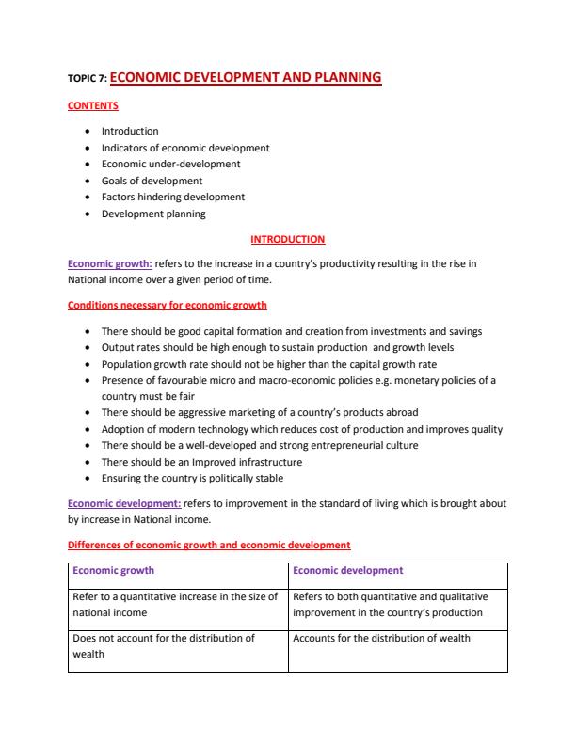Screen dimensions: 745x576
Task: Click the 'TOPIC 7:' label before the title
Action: [88, 81]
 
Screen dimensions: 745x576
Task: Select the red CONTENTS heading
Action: [93, 106]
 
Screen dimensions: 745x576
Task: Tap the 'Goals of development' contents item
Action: [152, 181]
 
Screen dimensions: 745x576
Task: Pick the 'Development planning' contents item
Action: [153, 214]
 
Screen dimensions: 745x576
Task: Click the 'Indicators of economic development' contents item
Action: [185, 148]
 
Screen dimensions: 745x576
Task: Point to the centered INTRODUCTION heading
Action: [287, 240]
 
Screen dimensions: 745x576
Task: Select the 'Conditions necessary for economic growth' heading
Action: [168, 305]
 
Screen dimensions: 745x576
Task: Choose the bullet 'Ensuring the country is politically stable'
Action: [192, 478]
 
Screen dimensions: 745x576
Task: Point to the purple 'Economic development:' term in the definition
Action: [124, 503]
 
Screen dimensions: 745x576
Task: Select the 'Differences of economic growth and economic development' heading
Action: [209, 545]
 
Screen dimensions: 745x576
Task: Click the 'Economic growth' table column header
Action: [113, 571]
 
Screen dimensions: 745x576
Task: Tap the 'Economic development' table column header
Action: [347, 571]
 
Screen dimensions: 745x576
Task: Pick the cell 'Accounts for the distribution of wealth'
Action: [381, 639]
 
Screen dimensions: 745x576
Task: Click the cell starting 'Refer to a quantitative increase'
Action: [175, 605]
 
